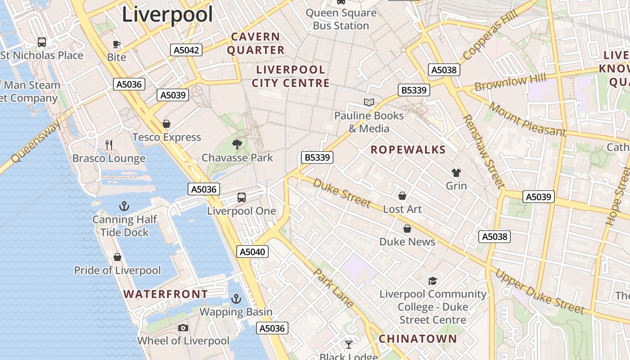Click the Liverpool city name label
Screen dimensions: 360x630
[167, 14]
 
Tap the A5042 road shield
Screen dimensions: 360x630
[186, 50]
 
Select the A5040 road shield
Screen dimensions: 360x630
[252, 252]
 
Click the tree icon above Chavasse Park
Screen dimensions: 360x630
[237, 144]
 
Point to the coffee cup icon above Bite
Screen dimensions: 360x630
[117, 44]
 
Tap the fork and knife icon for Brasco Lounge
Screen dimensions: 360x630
[108, 144]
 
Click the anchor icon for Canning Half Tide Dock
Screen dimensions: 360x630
[124, 206]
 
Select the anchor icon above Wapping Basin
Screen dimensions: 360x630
[236, 298]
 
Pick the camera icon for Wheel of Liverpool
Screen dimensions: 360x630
[183, 328]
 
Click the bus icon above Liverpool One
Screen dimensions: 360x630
[242, 197]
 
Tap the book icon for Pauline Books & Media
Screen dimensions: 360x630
[369, 102]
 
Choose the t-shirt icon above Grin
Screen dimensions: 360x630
[456, 172]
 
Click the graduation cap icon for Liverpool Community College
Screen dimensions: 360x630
[432, 281]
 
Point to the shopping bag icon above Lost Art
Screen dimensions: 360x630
[402, 196]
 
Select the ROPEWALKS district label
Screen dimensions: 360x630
[408, 150]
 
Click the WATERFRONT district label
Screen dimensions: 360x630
[166, 294]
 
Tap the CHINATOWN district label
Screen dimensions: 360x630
[418, 339]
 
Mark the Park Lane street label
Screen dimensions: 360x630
[333, 288]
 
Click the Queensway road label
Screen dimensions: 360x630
[36, 142]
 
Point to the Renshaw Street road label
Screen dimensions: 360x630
[484, 151]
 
